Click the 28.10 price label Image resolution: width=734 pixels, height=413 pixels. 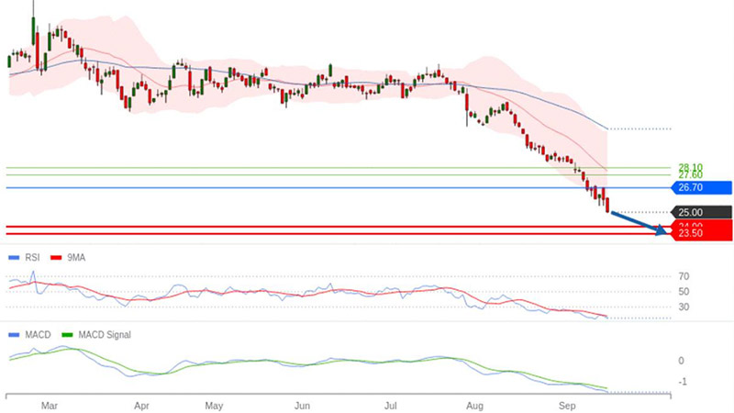coord(690,167)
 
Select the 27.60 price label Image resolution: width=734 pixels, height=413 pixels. coord(690,174)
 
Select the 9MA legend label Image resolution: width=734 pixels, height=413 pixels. coord(75,258)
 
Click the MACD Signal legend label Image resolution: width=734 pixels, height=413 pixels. coord(103,335)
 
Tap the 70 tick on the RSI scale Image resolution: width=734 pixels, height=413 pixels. coord(684,275)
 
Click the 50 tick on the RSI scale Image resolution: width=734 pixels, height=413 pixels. coord(684,291)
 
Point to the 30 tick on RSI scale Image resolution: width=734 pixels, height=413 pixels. coord(684,307)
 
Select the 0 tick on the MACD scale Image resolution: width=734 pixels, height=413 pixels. coord(682,361)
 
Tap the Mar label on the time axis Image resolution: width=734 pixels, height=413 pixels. coord(51,404)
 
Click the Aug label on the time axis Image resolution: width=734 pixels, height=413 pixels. coord(475,404)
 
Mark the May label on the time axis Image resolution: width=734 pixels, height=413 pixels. coord(214,404)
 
